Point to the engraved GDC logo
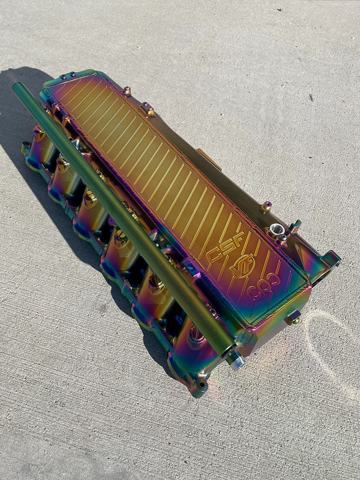coord(264,290)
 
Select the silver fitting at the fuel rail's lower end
coord(235,359)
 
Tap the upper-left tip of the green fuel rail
coord(17,88)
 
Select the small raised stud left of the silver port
coord(265,206)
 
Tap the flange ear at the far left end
coord(26,148)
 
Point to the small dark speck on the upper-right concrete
coord(311,97)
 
